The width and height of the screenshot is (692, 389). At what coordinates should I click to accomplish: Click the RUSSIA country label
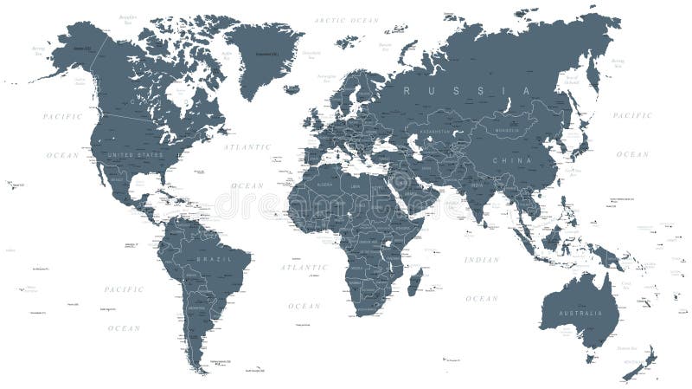(471, 90)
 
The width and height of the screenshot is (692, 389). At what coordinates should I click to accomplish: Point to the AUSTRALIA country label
(578, 312)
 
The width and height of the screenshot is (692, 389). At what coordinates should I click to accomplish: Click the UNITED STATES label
(133, 155)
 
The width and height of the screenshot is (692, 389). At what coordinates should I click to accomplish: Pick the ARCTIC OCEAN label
(346, 19)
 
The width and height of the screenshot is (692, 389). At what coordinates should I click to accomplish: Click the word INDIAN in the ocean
(482, 260)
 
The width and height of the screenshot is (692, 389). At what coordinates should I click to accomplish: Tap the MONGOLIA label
(504, 130)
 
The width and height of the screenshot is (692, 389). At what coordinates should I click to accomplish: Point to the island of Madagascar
(415, 283)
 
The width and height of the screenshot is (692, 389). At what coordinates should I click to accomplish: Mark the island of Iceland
(292, 88)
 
